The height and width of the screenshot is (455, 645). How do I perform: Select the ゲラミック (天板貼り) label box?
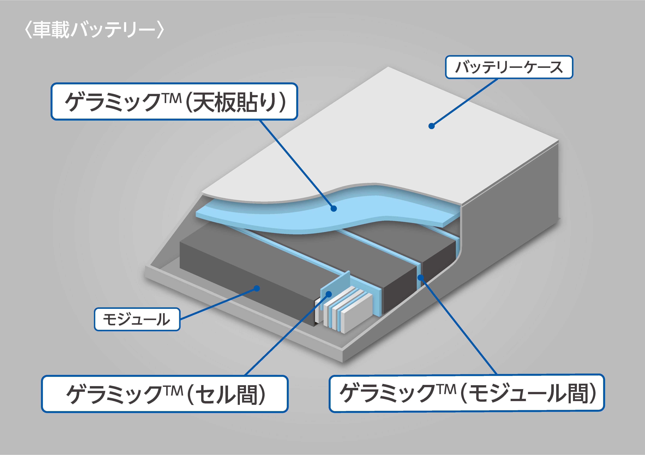(x=174, y=102)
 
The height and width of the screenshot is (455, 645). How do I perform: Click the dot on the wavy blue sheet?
(x=334, y=208)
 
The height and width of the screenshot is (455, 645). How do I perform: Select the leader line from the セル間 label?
(x=286, y=335)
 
